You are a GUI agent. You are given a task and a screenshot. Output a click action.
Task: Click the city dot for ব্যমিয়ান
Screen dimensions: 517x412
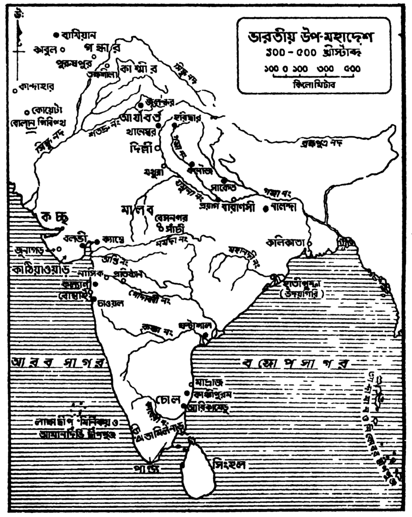[x=56, y=34]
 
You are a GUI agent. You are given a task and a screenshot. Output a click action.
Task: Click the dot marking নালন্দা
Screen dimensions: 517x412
[x=266, y=207]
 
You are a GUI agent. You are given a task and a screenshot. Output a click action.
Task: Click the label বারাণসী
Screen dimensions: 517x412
[x=240, y=207]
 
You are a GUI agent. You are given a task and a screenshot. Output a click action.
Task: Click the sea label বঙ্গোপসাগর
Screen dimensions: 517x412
[x=295, y=364]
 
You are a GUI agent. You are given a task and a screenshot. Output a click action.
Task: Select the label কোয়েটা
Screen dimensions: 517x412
[x=45, y=111]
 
